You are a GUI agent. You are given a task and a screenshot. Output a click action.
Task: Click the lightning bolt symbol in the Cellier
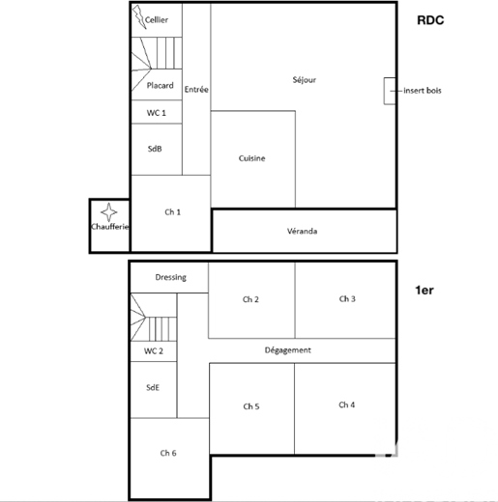(139, 16)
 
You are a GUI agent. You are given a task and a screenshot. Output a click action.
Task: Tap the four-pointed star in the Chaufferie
(109, 212)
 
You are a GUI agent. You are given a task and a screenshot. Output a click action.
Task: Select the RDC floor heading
(430, 20)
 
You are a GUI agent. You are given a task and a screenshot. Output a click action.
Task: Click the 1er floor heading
(425, 291)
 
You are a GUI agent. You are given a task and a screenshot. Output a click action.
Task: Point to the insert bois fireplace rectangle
(390, 91)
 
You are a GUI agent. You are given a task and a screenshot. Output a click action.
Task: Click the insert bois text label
(423, 91)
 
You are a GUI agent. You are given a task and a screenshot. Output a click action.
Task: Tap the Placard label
(160, 86)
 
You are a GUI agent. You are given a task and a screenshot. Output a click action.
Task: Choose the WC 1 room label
(157, 113)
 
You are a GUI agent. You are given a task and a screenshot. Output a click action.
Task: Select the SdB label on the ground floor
(155, 149)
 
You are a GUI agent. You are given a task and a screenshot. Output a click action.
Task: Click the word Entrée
(196, 89)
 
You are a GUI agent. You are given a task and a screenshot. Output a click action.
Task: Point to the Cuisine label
(251, 158)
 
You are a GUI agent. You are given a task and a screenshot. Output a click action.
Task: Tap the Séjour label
(305, 80)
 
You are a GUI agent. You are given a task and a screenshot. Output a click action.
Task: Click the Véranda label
(302, 231)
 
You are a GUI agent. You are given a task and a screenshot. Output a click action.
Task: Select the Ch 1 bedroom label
(172, 212)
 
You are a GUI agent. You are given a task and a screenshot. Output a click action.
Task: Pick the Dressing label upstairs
(170, 277)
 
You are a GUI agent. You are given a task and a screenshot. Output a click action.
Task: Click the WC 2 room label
(154, 350)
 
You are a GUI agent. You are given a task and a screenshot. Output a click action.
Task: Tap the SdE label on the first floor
(153, 387)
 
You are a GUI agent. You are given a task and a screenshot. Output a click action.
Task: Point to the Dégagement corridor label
(288, 350)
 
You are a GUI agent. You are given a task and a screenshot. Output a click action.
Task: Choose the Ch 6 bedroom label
(168, 453)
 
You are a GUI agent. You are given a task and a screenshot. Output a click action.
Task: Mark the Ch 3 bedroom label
(347, 299)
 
